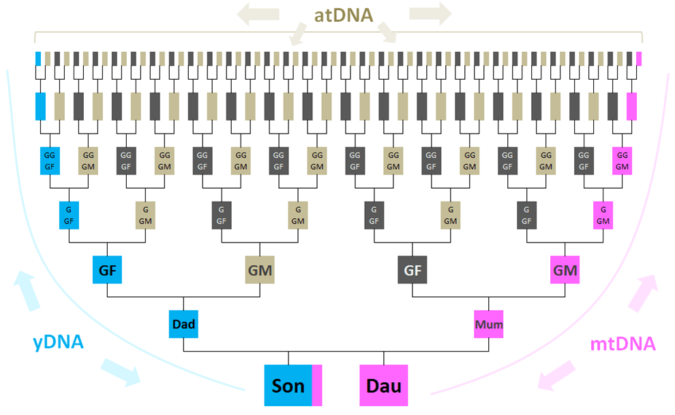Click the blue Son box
coord(288,386)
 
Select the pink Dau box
coord(384,386)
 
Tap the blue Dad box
coord(183,324)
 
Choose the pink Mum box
coord(489,324)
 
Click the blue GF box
coord(107,270)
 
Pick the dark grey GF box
coord(412,270)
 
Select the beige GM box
coord(260,270)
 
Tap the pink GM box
coord(565,270)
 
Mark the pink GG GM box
coord(622,161)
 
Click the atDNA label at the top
coord(344,15)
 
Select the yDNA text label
coord(59,343)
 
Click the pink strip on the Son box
coord(317,386)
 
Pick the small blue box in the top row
coord(39,59)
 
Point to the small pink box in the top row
coord(639,59)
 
